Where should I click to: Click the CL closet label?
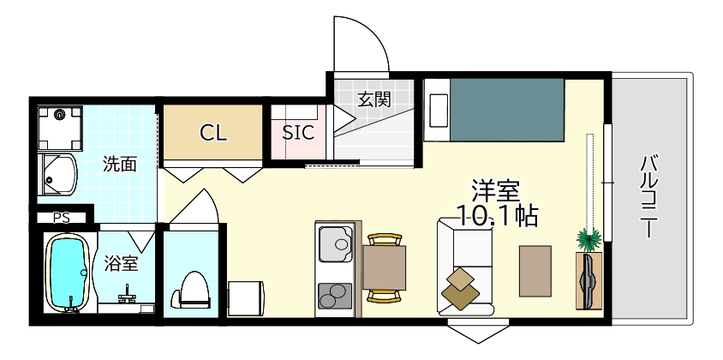tap(212, 133)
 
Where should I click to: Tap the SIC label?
tap(298, 133)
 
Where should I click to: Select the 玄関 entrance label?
tap(373, 99)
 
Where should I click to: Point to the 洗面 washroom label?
tap(119, 163)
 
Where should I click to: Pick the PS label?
tap(61, 218)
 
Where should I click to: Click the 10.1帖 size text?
tap(497, 215)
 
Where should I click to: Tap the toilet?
tap(194, 291)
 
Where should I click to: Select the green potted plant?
tap(589, 238)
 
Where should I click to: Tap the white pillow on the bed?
tap(437, 108)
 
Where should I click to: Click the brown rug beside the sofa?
tap(535, 270)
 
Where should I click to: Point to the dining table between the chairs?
tap(384, 268)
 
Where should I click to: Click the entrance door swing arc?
tap(363, 43)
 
